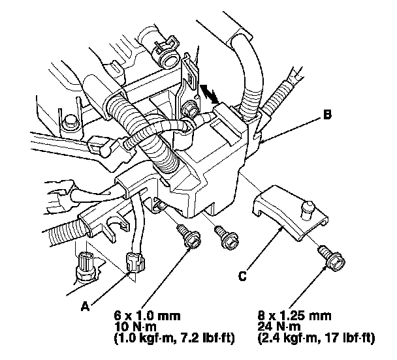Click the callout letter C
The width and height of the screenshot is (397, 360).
(242, 277)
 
